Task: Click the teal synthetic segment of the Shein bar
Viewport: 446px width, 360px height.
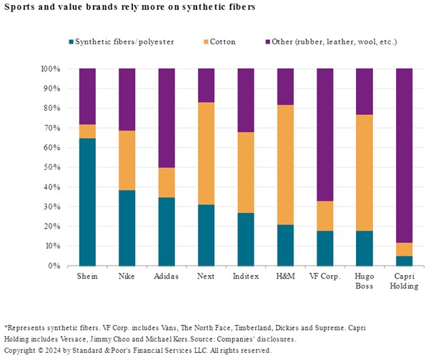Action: pyautogui.click(x=87, y=202)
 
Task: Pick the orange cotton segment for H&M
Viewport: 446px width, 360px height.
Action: pyautogui.click(x=286, y=164)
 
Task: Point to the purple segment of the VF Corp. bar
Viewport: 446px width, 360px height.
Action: pyautogui.click(x=325, y=135)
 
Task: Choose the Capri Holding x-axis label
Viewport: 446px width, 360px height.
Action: pyautogui.click(x=405, y=281)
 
